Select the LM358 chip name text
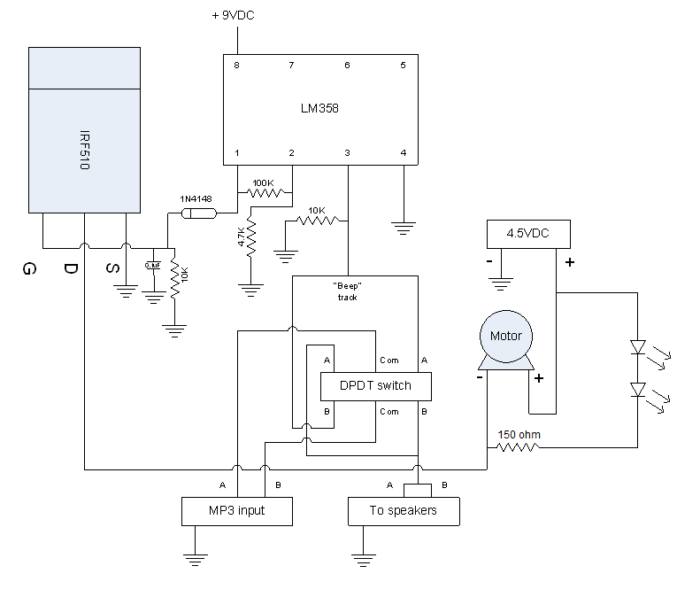tap(319, 109)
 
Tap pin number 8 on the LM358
tap(237, 66)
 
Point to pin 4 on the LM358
tap(404, 152)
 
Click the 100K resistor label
tap(263, 182)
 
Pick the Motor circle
tap(505, 336)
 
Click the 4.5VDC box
tap(528, 235)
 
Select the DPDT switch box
tap(376, 386)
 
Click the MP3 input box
tap(236, 511)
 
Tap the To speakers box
tap(404, 511)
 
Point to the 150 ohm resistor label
tap(519, 434)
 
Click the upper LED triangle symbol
tap(637, 347)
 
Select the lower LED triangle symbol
tap(637, 390)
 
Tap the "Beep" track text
tap(347, 291)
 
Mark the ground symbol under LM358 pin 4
tap(404, 228)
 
